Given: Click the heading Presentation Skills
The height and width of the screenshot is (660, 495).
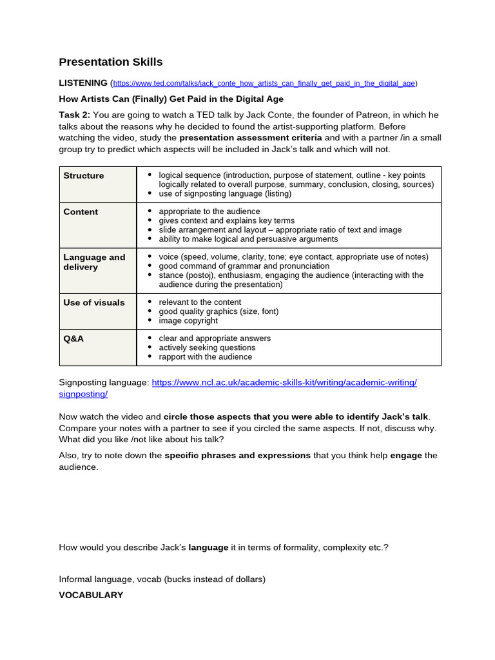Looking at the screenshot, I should coord(111,62).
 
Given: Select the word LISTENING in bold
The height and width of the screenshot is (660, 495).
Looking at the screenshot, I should coord(83,82).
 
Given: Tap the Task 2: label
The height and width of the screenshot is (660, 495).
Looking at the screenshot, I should coord(75,115).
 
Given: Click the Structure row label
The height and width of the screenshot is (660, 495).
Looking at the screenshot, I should coord(84,175).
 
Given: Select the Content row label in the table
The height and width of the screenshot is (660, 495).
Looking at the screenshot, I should coord(81,211).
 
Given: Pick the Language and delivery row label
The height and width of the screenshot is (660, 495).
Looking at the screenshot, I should coord(94,262).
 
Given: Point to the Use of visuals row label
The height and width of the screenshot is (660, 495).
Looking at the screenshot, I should coord(94,302).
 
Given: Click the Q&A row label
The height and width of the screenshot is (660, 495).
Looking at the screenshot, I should coord(73,338).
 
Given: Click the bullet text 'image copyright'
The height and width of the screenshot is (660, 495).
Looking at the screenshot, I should coord(188,320).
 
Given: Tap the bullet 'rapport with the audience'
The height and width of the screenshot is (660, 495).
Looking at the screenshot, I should coord(206,356).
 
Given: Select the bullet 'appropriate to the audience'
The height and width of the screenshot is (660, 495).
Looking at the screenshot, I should coord(209,211).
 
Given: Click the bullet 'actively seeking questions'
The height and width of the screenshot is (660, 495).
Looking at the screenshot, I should coord(207,347).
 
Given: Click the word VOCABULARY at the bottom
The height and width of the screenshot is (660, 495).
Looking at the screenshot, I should coord(91,595).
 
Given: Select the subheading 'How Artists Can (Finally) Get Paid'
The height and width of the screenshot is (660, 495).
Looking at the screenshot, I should coord(171,99).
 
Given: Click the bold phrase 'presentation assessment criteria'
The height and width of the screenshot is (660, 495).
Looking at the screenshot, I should coord(251,137).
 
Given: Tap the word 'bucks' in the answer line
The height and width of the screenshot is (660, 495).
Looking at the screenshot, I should coord(178,579).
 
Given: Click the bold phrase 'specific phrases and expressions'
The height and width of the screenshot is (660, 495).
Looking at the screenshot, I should coord(237,455).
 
